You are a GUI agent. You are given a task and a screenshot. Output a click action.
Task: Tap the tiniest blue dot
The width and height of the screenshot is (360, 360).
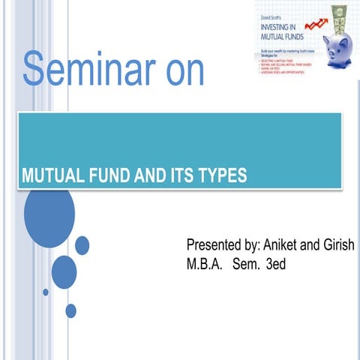[46, 292]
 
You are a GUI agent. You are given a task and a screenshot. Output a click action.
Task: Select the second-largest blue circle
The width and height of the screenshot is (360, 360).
[64, 273]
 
